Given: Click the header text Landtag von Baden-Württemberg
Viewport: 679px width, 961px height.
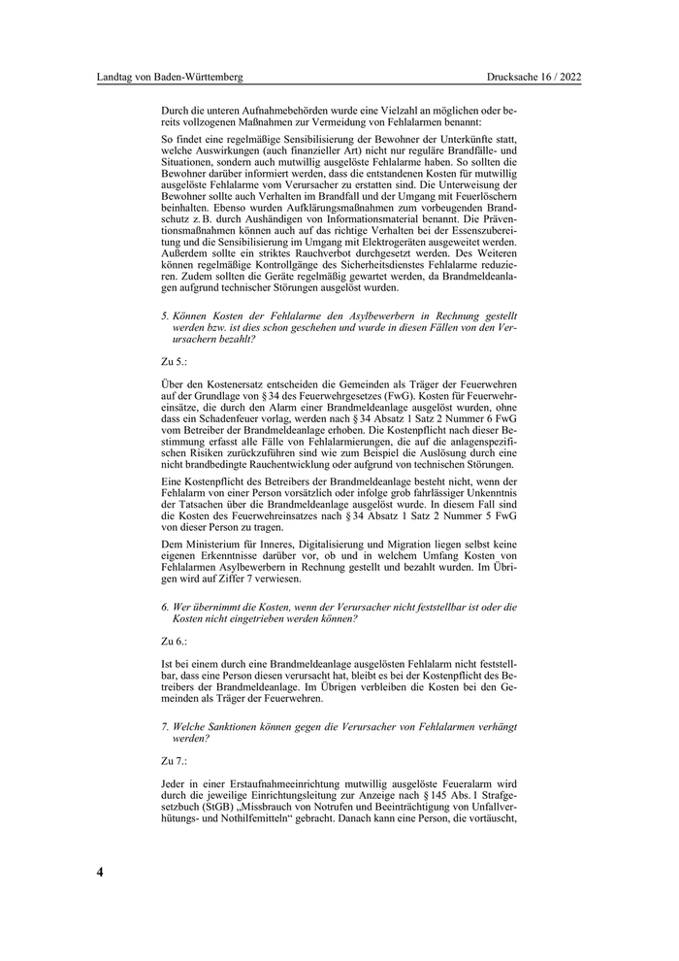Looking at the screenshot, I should coord(170,77).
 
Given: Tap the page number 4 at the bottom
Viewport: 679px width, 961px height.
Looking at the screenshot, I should coord(100,871).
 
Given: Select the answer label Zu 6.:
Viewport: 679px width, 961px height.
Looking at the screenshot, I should coord(174,642).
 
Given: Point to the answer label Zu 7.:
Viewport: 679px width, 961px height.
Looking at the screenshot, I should coord(174,762).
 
